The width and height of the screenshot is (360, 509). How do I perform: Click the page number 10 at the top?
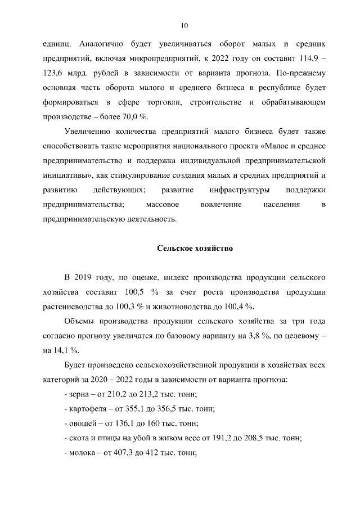[x=184, y=25]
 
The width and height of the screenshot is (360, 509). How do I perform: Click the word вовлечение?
[x=221, y=204]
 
